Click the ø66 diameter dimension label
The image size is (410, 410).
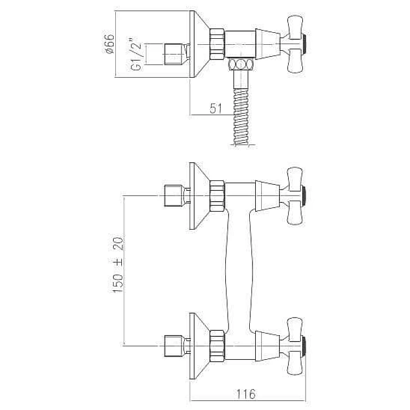[x=109, y=44]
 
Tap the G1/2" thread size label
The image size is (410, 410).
[x=136, y=54]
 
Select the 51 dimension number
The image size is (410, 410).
[x=216, y=108]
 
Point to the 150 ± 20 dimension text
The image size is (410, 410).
[x=118, y=265]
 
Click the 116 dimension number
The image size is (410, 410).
[x=246, y=394]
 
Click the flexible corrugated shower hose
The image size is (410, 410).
[x=242, y=116]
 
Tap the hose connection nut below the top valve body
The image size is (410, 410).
[x=241, y=64]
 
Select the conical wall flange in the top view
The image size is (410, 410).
[x=199, y=44]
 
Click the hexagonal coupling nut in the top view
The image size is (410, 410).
[x=217, y=44]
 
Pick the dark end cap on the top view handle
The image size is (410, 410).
[x=303, y=44]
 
